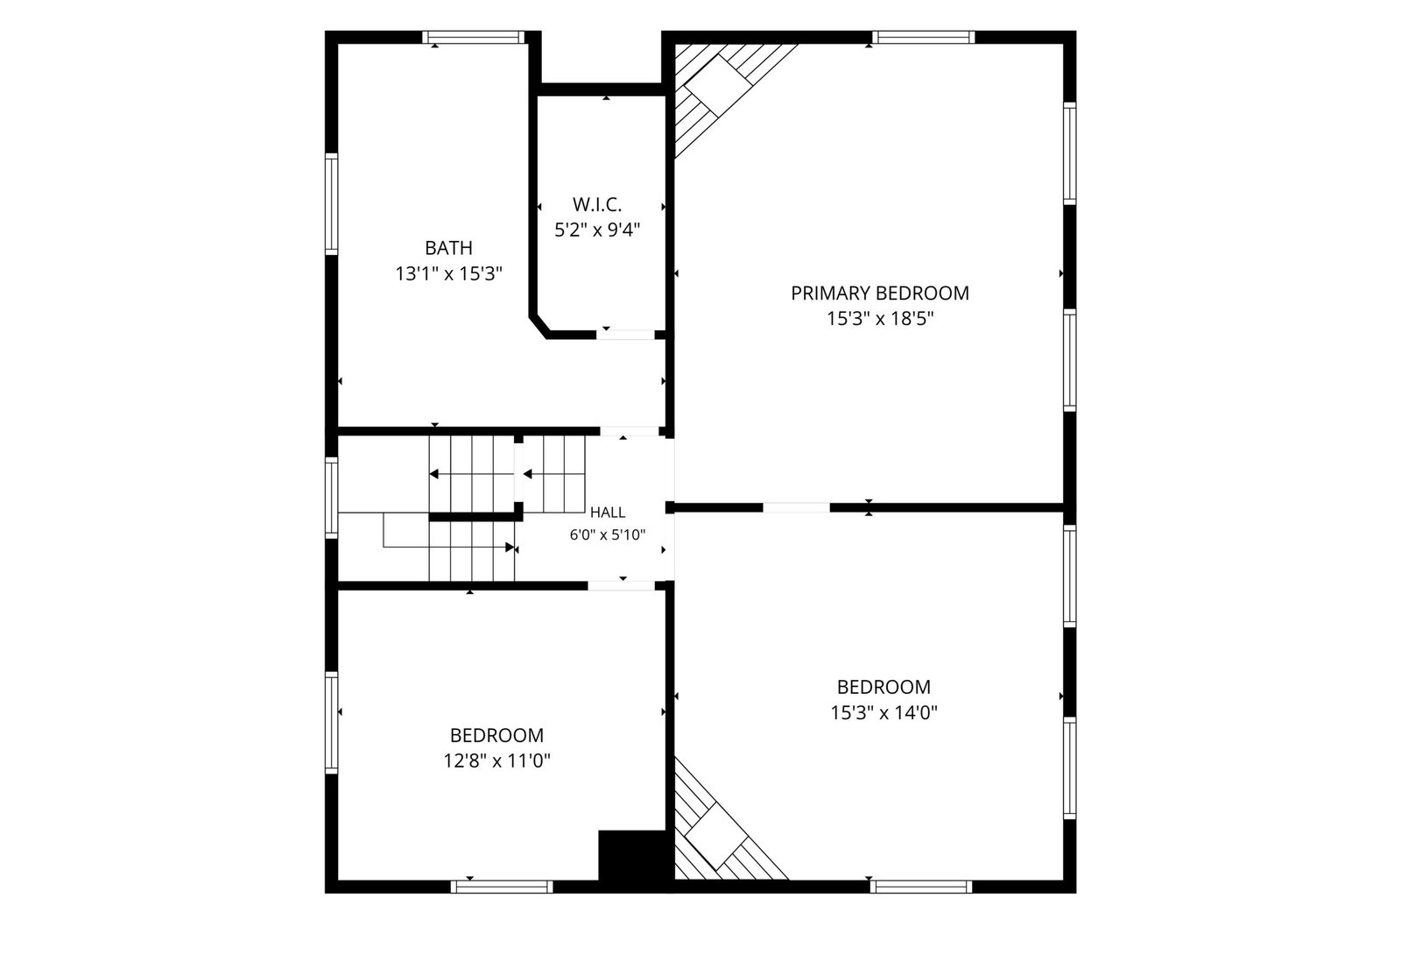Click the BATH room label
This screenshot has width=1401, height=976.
[448, 248]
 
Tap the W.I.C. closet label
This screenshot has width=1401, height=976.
[596, 205]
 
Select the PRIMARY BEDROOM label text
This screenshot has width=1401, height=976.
[880, 293]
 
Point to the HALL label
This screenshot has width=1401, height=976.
[608, 513]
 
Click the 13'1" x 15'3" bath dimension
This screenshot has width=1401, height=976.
[448, 274]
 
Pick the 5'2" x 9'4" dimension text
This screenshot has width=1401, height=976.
[597, 230]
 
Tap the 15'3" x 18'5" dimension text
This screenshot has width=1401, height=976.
[880, 319]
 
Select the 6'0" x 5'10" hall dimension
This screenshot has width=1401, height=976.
[608, 535]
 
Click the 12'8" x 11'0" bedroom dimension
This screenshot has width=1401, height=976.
[497, 760]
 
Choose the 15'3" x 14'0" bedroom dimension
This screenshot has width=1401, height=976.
[884, 712]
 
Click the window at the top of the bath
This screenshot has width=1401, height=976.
[474, 37]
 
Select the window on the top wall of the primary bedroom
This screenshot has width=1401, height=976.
[924, 37]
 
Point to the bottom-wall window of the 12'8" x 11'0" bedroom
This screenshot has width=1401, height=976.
[502, 887]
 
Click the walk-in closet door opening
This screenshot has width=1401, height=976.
[625, 335]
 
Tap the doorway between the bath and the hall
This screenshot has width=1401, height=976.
[630, 431]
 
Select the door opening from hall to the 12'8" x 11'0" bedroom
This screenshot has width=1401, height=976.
[621, 585]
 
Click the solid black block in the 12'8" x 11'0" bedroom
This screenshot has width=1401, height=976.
[631, 855]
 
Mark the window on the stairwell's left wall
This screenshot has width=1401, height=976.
[332, 498]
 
